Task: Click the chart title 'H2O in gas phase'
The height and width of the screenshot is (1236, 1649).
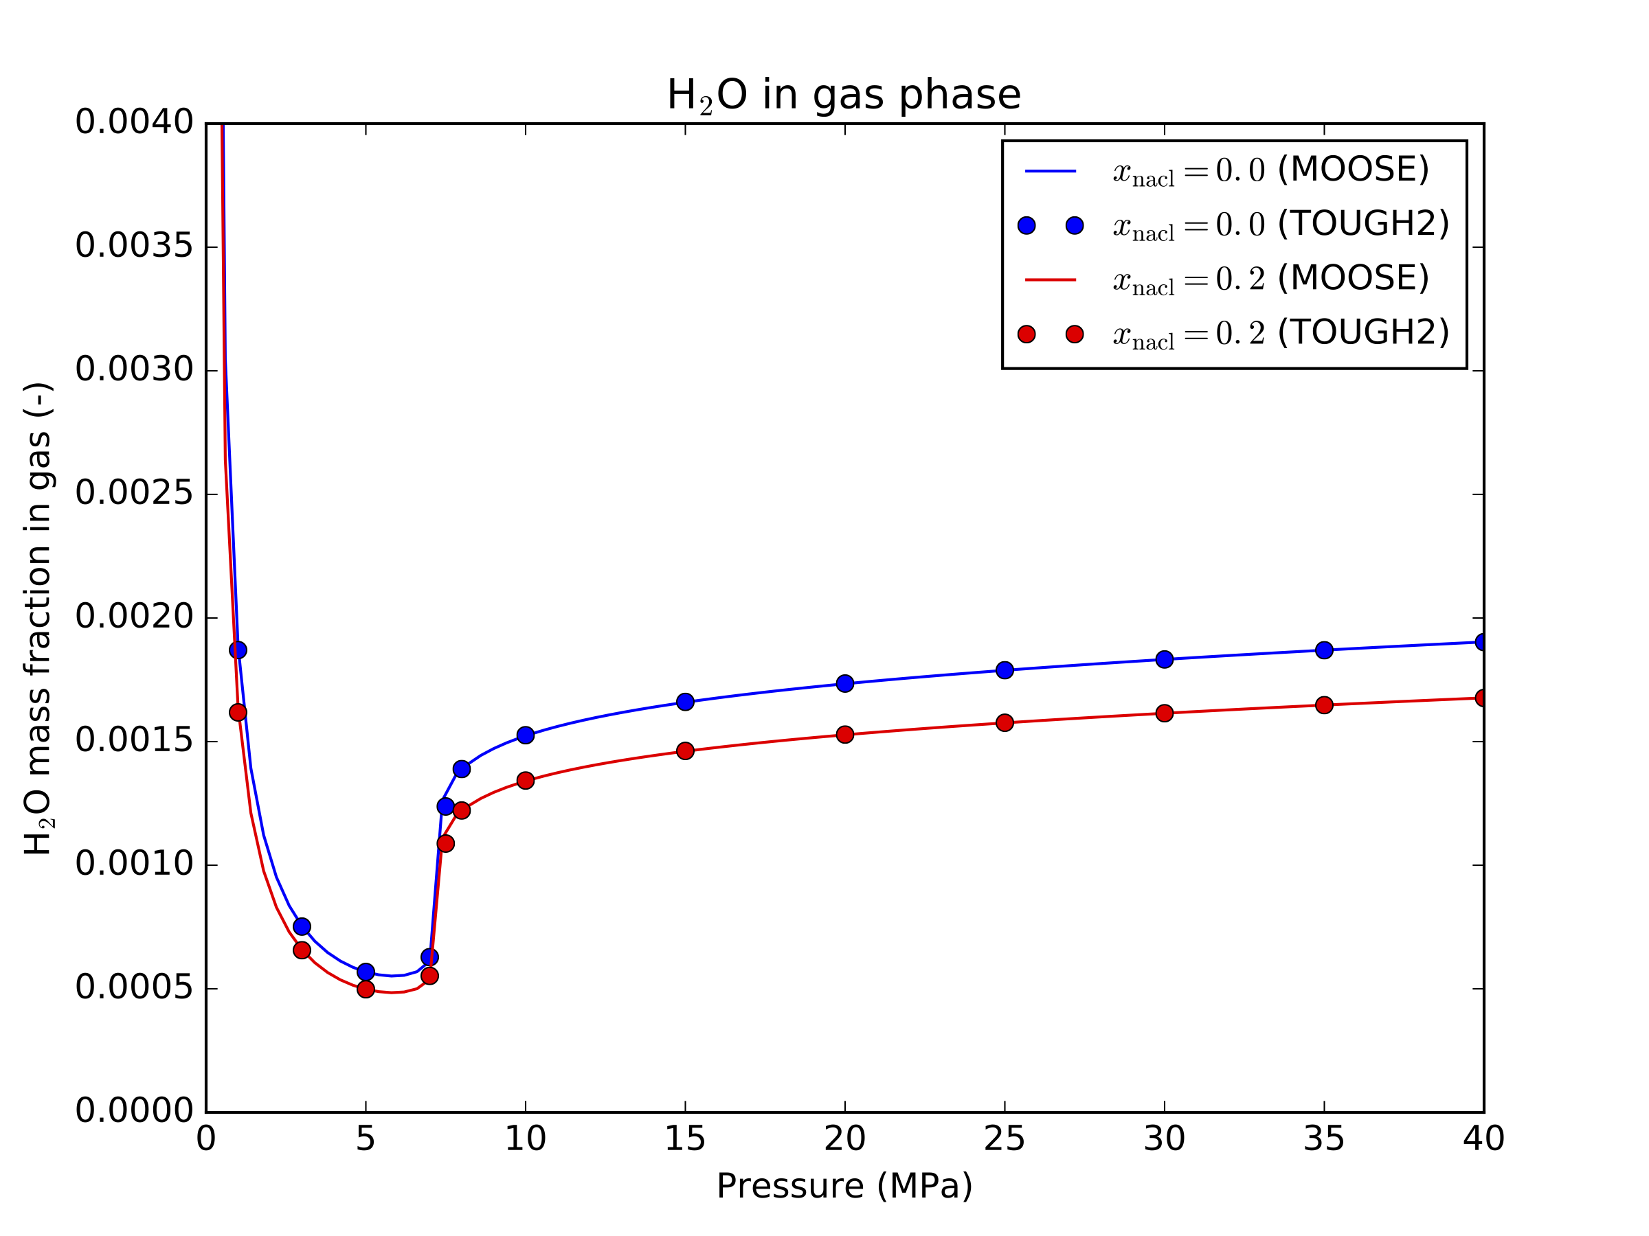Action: [x=843, y=95]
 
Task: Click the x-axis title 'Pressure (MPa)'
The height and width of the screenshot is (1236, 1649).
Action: [x=844, y=1185]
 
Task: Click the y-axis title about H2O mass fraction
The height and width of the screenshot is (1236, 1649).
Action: [x=38, y=619]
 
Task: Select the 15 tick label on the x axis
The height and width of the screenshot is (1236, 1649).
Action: [x=684, y=1139]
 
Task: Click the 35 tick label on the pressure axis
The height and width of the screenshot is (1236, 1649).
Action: [x=1323, y=1139]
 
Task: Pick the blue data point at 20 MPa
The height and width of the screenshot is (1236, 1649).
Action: [x=844, y=683]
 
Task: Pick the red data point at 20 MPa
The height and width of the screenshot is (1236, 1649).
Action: [x=844, y=735]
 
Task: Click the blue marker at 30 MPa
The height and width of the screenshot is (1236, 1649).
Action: [x=1164, y=659]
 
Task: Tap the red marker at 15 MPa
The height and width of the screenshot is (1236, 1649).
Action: [x=685, y=751]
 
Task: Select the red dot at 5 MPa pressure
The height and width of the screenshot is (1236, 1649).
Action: [x=366, y=989]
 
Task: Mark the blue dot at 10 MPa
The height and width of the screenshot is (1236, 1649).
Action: [x=526, y=735]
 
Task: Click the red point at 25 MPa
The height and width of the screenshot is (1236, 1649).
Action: [x=1004, y=722]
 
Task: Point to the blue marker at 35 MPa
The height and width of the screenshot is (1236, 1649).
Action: [x=1324, y=650]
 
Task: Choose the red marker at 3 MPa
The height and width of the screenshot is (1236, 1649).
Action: [x=302, y=950]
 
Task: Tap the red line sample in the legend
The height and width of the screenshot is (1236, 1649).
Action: [x=1051, y=280]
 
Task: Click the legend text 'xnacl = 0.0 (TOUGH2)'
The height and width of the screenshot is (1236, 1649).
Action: [x=1280, y=225]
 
